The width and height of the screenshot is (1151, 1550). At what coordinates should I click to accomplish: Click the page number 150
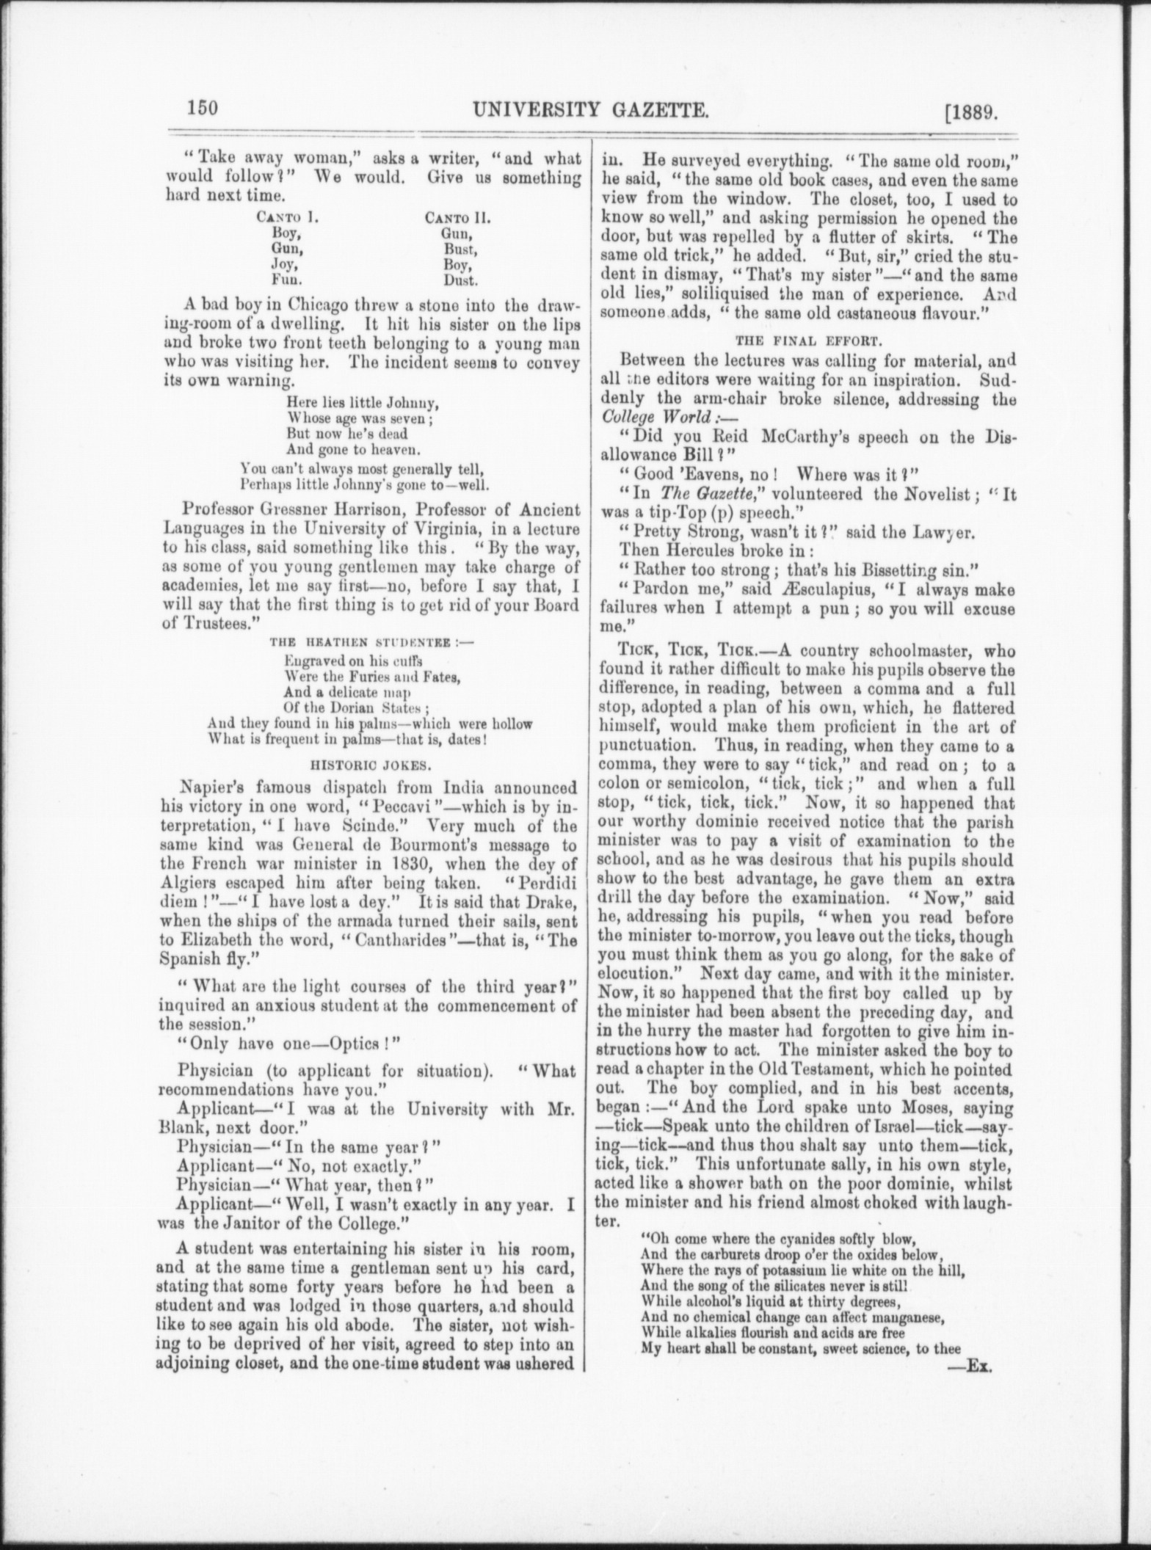[x=202, y=109]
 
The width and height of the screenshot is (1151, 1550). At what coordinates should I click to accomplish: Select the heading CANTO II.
[x=457, y=218]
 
